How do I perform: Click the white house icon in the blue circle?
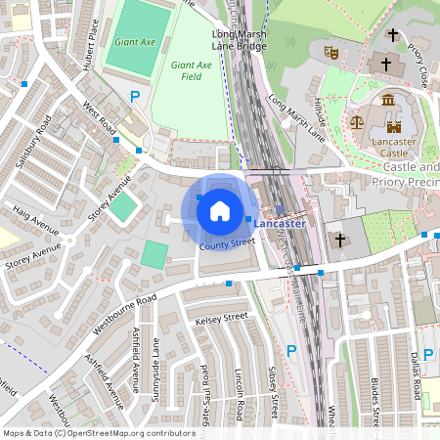tap(220, 209)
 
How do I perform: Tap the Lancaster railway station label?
tap(280, 224)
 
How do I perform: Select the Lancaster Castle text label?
tap(393, 147)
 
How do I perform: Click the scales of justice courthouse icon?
tap(357, 124)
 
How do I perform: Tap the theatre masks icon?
tap(330, 48)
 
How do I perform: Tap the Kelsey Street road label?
tap(222, 318)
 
